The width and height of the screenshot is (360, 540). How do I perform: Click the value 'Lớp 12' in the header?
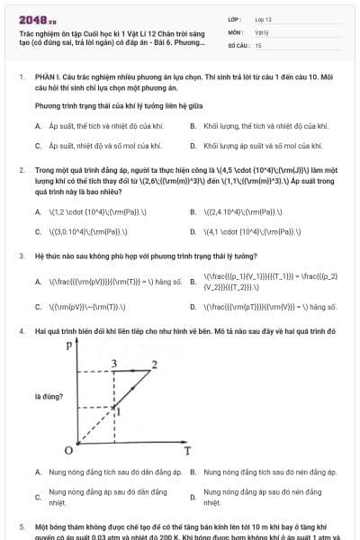coord(263,18)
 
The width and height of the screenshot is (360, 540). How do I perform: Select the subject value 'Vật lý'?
coord(262,31)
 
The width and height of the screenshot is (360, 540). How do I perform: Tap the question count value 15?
coord(258,44)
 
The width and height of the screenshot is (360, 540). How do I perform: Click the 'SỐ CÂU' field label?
coord(238,44)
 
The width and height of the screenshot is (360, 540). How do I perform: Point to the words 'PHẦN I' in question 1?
coord(45,77)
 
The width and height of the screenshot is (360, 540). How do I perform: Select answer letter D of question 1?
coord(193,145)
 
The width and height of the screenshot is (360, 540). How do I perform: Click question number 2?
coord(21,169)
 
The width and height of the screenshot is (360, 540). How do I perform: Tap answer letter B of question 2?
coord(193,212)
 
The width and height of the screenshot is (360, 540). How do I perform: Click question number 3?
coord(21,256)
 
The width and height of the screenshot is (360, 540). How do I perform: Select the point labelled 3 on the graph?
coord(113,363)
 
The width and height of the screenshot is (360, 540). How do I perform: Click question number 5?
coord(21,524)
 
